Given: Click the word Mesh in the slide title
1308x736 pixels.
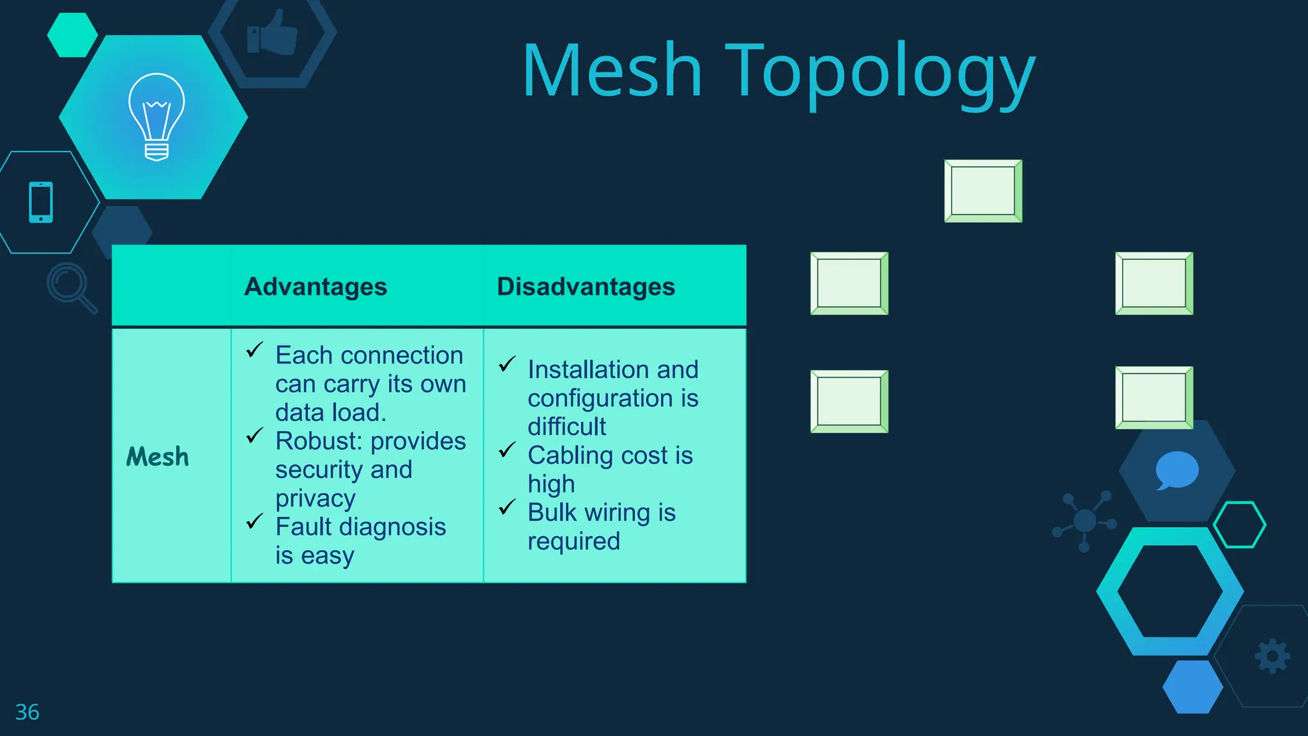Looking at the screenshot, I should (x=612, y=70).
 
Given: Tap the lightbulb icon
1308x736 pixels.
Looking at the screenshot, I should (x=156, y=116).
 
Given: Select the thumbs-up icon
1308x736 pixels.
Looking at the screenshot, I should (x=273, y=34).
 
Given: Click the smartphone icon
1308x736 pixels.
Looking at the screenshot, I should (x=41, y=203).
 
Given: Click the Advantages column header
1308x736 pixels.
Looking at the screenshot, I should (x=316, y=287).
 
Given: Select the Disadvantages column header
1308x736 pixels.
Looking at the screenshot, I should (x=586, y=287).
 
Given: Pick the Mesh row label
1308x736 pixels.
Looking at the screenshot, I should (x=158, y=457).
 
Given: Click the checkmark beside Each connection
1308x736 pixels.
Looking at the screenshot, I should (x=255, y=349).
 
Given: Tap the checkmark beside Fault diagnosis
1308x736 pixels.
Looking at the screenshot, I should (x=255, y=521).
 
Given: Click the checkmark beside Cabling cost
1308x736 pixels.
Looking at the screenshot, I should (x=507, y=450).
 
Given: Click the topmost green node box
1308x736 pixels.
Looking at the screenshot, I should (x=983, y=191).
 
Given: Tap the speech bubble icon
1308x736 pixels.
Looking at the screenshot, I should (x=1176, y=470).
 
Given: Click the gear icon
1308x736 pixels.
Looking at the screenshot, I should (x=1272, y=656).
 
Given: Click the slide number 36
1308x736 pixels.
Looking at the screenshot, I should (x=27, y=712).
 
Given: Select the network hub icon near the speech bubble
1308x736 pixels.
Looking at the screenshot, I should (x=1084, y=520).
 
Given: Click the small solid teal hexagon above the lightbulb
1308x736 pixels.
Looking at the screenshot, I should (x=72, y=35).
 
